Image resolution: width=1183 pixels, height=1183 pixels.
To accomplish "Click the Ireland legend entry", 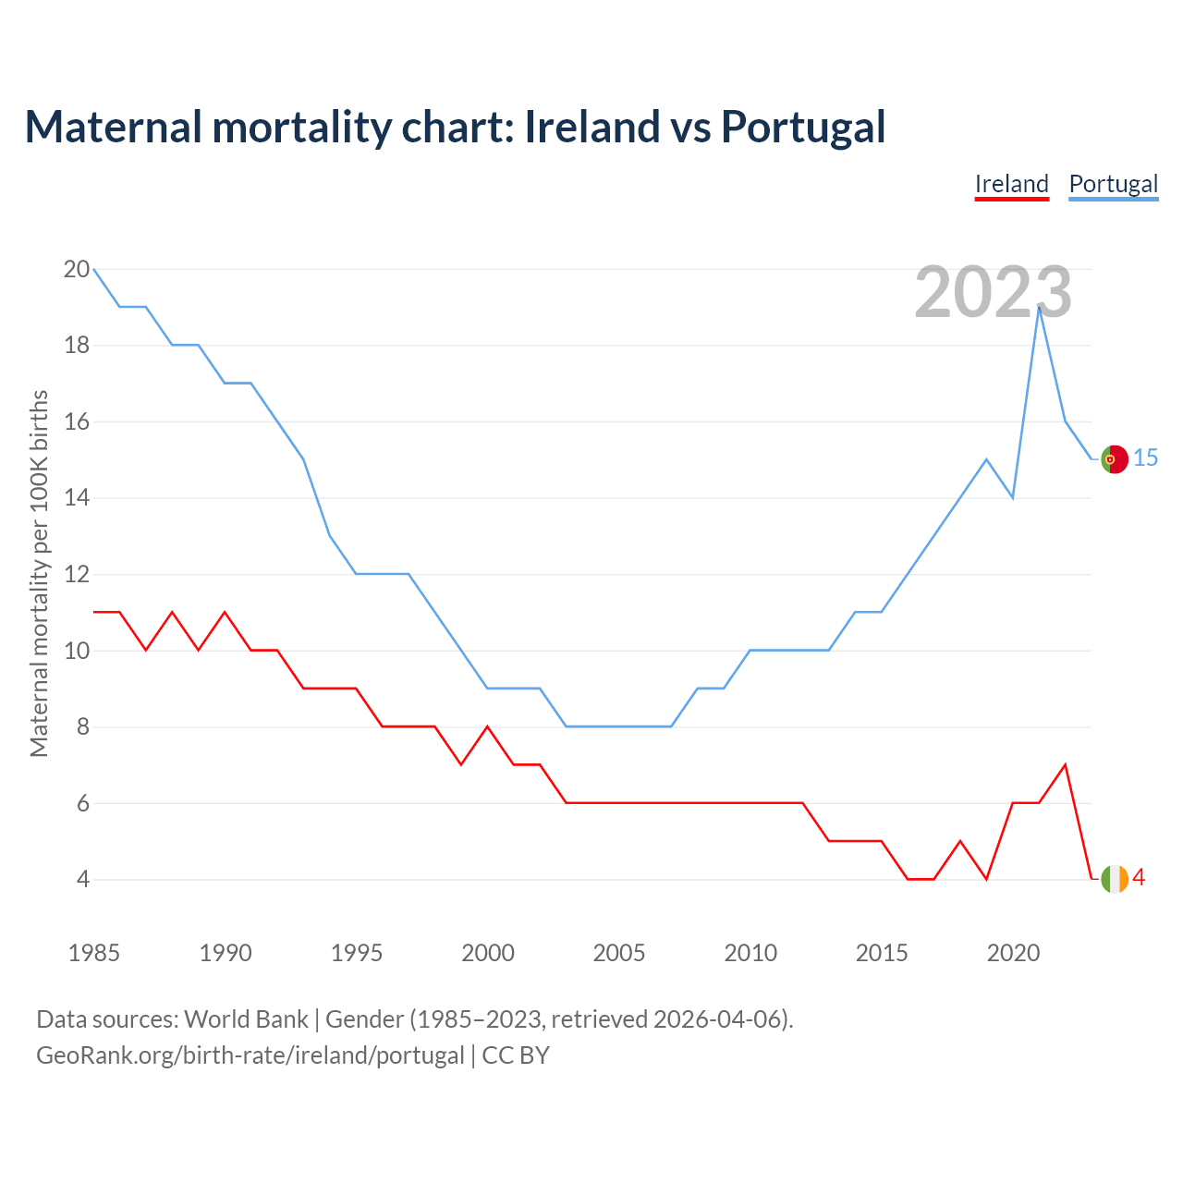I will click(x=1012, y=184).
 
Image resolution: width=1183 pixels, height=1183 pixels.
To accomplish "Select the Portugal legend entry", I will click(x=1113, y=184).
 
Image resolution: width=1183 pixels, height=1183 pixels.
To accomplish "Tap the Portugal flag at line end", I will click(x=1115, y=458).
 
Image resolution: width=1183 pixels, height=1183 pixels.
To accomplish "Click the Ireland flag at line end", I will click(x=1115, y=879).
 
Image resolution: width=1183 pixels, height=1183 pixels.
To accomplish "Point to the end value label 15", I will click(x=1146, y=457).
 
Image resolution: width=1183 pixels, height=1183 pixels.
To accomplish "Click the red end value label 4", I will click(x=1139, y=878).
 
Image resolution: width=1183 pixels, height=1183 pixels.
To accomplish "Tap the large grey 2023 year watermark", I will click(x=993, y=292).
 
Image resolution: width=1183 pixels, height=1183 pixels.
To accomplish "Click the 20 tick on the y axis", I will click(x=77, y=270).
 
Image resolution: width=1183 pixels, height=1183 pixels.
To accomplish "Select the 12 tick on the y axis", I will click(x=77, y=575).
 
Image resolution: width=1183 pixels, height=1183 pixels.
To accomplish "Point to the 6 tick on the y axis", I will click(x=82, y=803).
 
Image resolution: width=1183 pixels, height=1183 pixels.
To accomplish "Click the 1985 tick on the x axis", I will click(x=94, y=953).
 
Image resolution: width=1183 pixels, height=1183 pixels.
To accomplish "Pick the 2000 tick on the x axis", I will click(x=488, y=953).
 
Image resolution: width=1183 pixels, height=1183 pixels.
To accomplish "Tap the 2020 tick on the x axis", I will click(x=1013, y=953).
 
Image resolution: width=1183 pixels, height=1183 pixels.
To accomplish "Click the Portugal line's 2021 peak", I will click(x=1040, y=308).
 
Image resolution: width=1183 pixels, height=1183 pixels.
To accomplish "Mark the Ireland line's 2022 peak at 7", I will click(x=1066, y=765).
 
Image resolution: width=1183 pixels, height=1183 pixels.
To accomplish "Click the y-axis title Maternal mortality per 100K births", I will click(x=39, y=573).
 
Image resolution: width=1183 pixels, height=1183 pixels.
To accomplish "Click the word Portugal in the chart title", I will click(x=802, y=127).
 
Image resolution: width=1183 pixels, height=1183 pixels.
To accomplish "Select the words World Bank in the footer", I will click(x=246, y=1019).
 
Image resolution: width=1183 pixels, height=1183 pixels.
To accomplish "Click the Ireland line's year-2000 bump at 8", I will click(x=488, y=727).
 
